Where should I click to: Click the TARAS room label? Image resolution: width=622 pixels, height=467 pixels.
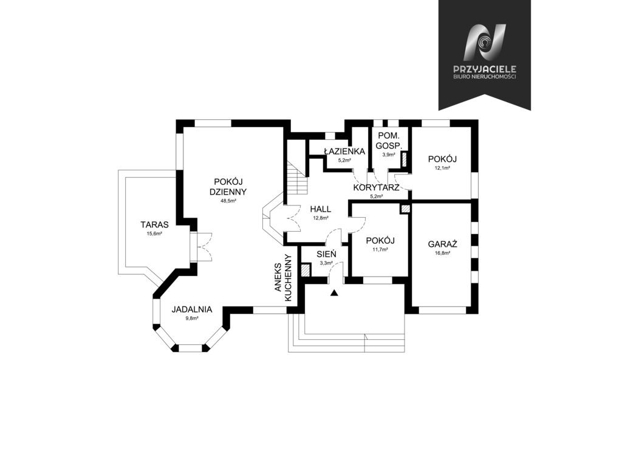(154, 225)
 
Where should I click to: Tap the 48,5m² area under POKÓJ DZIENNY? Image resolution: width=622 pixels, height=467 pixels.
(228, 201)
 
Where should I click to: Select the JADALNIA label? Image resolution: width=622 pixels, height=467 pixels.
(192, 310)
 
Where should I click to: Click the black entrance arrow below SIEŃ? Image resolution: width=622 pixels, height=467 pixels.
(335, 293)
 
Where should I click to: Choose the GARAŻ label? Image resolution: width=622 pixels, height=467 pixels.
(443, 244)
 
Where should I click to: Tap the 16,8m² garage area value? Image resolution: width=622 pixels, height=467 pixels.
(442, 253)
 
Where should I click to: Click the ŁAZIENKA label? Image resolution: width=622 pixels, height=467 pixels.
(344, 151)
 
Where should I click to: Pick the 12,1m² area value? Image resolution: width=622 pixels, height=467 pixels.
(442, 168)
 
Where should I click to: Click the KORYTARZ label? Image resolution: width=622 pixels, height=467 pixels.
(376, 187)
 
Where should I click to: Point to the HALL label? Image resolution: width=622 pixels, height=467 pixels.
(321, 209)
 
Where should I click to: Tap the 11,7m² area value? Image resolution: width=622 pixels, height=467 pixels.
(380, 249)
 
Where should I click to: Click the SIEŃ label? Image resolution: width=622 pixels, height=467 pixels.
(326, 254)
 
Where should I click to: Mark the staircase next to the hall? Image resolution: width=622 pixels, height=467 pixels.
(297, 167)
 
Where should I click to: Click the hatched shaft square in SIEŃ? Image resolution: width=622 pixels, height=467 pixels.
(306, 271)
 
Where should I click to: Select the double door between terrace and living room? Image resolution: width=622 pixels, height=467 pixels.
(201, 247)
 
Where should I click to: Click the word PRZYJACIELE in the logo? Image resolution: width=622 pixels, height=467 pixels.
(484, 69)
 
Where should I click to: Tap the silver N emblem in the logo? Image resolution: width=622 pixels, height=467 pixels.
(484, 43)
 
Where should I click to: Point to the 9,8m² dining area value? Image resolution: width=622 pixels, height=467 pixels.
(191, 319)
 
